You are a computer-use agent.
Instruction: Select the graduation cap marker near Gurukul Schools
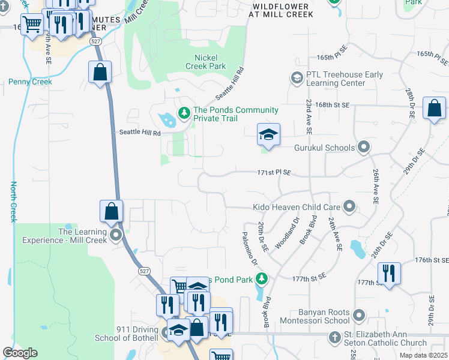(268, 134)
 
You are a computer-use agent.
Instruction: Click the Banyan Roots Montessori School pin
(359, 314)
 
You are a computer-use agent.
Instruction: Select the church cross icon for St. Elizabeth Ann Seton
(335, 337)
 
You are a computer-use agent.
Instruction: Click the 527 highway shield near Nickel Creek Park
(95, 41)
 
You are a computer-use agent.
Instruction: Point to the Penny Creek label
(30, 82)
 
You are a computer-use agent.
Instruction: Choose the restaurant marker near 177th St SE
(389, 274)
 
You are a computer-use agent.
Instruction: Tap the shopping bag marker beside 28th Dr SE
(434, 109)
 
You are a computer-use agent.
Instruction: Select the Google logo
(20, 353)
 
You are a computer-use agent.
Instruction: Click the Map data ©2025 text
(423, 355)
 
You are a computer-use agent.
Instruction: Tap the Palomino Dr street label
(250, 249)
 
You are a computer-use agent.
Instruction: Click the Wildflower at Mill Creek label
(280, 10)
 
